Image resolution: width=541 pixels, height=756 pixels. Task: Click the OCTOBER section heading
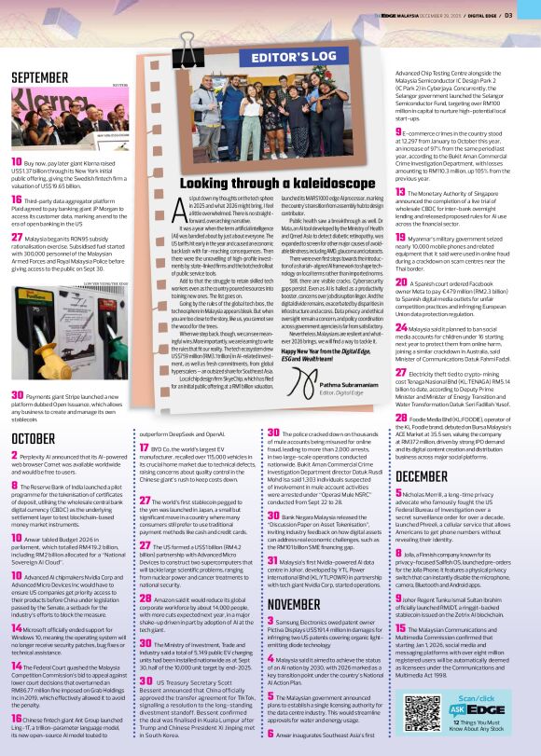point(35,437)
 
